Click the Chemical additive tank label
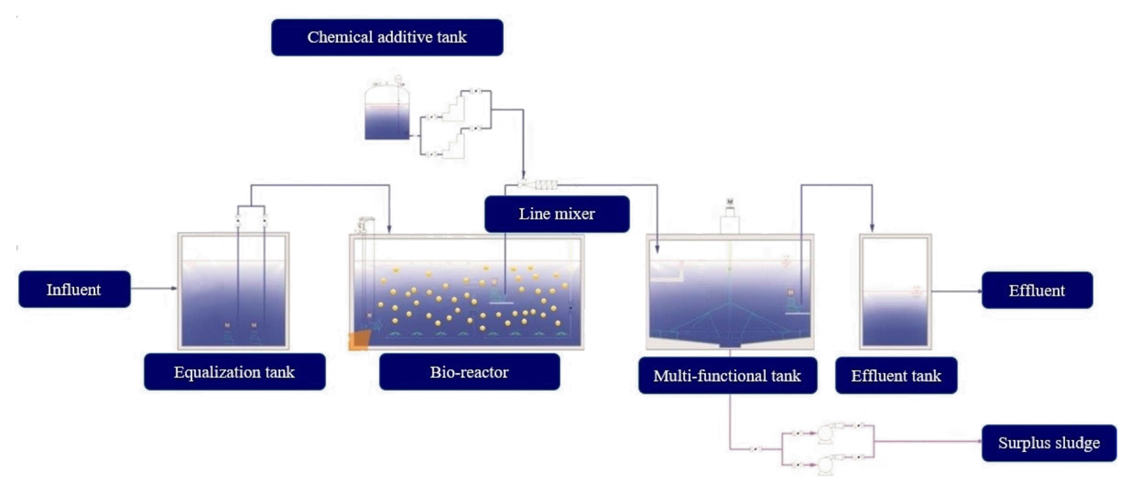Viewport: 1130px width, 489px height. (x=387, y=37)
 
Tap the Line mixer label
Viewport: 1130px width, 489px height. (x=557, y=214)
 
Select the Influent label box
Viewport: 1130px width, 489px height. (x=74, y=289)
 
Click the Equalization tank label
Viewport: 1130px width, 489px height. (x=235, y=372)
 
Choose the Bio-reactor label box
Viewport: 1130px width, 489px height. (x=470, y=372)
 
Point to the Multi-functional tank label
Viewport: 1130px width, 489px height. (x=727, y=375)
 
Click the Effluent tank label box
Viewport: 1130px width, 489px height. (x=896, y=375)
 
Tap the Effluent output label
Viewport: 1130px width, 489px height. (x=1037, y=290)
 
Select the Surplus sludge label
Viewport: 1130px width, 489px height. (x=1049, y=442)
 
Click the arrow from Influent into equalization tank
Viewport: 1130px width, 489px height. (x=154, y=288)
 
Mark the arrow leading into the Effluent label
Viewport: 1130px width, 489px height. (x=956, y=291)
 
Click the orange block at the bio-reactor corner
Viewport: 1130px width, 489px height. (x=359, y=340)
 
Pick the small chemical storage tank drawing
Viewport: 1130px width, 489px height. (x=387, y=112)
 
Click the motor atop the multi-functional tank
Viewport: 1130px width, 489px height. (x=729, y=202)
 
